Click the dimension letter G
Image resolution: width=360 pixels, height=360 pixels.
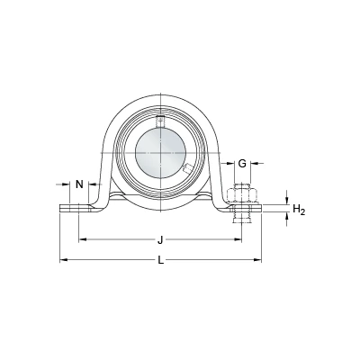tap(242, 164)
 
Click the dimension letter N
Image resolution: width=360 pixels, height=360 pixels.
tap(79, 184)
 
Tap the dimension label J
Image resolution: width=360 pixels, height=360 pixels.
tap(160, 240)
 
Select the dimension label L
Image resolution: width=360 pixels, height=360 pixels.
tap(161, 260)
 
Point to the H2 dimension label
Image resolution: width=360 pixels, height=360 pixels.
tap(299, 210)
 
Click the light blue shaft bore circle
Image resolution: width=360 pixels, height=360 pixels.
tap(161, 153)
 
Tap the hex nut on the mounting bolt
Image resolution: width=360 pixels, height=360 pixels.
tap(242, 195)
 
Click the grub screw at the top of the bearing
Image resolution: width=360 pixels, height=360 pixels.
tap(161, 121)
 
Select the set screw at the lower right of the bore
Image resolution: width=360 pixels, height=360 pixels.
tap(187, 169)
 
